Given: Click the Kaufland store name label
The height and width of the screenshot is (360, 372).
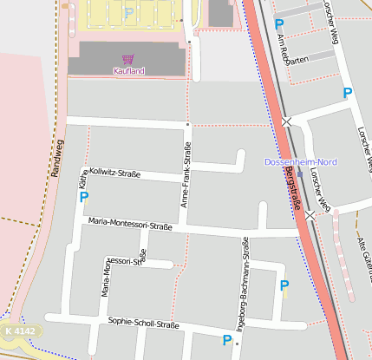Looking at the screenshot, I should [128, 71].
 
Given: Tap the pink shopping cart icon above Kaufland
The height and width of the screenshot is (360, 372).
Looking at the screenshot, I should [128, 59].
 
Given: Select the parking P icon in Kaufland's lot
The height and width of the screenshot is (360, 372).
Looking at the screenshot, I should [128, 13].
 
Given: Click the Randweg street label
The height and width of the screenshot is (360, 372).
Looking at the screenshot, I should [58, 159].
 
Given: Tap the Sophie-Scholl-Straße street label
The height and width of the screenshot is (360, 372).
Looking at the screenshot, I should [143, 324].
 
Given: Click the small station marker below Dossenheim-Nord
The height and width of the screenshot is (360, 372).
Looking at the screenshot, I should [300, 173].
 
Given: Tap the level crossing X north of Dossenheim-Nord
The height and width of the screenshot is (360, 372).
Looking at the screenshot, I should [286, 121].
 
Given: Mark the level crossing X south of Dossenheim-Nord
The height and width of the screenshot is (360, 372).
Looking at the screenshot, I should [310, 214].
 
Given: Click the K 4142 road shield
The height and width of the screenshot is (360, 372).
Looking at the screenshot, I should [18, 331].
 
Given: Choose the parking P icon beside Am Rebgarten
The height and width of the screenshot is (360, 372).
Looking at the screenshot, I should [278, 24].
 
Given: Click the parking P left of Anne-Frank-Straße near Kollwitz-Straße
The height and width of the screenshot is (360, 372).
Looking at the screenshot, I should [84, 197].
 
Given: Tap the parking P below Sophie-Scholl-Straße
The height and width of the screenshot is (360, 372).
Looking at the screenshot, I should [227, 340].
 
